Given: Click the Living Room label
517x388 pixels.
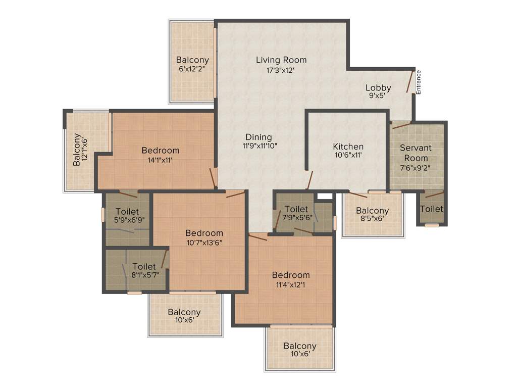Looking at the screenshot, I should [281, 60].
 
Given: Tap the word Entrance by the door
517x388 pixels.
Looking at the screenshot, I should [419, 82].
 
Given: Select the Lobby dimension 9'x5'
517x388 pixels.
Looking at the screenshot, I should [378, 94].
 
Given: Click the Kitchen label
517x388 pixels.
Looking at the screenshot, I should [348, 147].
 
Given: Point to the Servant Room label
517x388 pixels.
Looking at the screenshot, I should [416, 153].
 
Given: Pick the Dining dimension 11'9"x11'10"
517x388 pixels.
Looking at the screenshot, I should [260, 145].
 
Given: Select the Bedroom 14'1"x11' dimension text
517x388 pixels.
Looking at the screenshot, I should [160, 159].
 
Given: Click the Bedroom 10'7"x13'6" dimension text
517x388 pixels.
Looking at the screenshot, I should [204, 242].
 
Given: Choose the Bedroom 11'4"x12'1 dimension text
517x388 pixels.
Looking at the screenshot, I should [291, 284].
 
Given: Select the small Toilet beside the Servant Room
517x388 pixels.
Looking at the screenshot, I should [431, 209].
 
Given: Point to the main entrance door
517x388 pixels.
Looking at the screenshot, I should [410, 82].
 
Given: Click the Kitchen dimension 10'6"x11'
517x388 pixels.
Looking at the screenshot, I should [348, 155].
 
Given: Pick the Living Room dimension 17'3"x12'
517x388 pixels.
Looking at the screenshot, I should [281, 70].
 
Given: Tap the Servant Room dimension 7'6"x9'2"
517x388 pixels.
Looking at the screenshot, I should [416, 168].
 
